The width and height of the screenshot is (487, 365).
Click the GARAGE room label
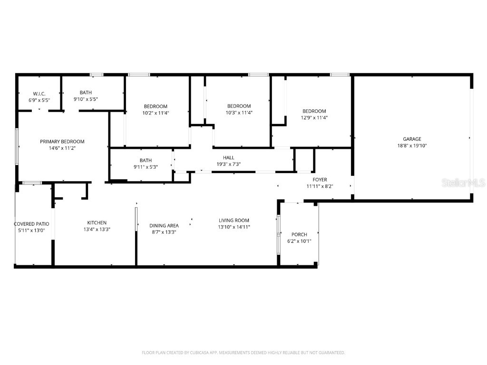pyautogui.click(x=412, y=139)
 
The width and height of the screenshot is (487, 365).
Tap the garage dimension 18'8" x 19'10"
pyautogui.click(x=412, y=146)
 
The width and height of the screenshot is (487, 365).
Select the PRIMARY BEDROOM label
pyautogui.click(x=62, y=142)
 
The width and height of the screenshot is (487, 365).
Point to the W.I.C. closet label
pyautogui.click(x=39, y=94)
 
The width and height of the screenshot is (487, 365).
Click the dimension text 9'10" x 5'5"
pyautogui.click(x=92, y=99)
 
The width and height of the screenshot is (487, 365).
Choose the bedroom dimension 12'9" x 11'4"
pyautogui.click(x=314, y=117)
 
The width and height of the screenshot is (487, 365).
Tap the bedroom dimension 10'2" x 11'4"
pyautogui.click(x=156, y=113)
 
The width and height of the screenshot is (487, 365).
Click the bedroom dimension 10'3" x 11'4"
pyautogui.click(x=238, y=113)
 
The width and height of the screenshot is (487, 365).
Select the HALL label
pyautogui.click(x=228, y=158)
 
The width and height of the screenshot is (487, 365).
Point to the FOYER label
pyautogui.click(x=320, y=180)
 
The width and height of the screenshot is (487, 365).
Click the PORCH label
pyautogui.click(x=299, y=234)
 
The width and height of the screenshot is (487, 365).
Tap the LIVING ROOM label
pyautogui.click(x=234, y=221)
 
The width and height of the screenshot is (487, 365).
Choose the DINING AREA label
pyautogui.click(x=164, y=226)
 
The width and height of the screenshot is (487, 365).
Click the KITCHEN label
pyautogui.click(x=97, y=222)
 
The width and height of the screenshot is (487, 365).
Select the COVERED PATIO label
pyautogui.click(x=31, y=224)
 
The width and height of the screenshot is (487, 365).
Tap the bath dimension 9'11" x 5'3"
pyautogui.click(x=145, y=167)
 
